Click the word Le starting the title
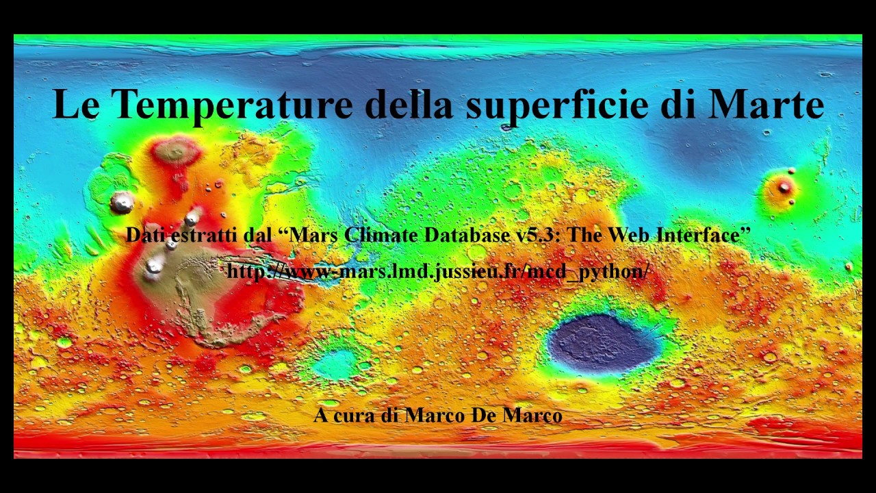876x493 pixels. coord(77,104)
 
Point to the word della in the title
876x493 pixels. coord(408,104)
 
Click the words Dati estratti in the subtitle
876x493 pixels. coord(183,235)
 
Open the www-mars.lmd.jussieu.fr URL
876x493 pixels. coord(438,271)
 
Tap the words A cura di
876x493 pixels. coord(357,414)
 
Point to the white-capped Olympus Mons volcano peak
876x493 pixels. coord(123,201)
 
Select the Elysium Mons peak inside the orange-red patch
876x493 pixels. coord(784,187)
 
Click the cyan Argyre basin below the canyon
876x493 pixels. coord(335,363)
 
